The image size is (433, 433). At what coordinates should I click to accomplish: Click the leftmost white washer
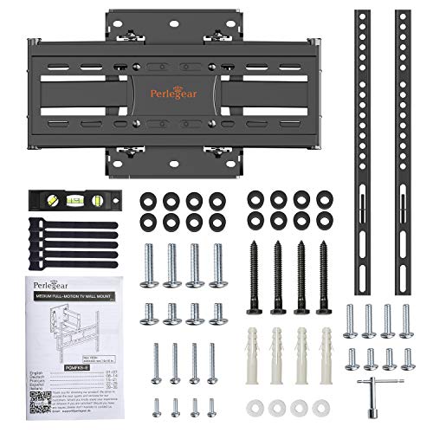point(255,406)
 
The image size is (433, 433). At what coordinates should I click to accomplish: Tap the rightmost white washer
point(323,406)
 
